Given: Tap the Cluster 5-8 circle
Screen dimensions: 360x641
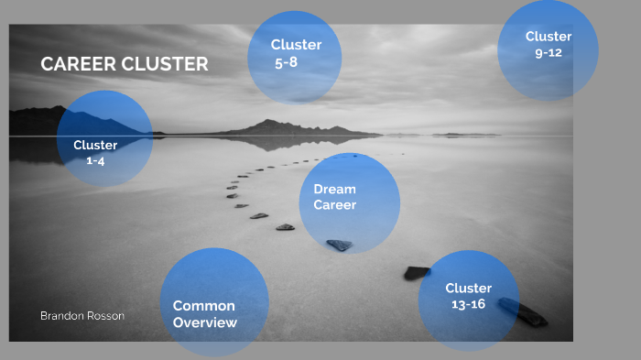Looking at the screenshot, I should click(295, 58).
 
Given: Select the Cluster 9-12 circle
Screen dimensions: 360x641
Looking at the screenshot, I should click(548, 50).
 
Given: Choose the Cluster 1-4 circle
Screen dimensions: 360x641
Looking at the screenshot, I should click(104, 139).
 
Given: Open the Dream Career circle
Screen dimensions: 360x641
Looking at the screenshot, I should click(350, 203).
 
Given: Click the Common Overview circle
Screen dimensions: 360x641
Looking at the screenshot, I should click(214, 303).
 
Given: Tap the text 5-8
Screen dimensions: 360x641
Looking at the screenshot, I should click(287, 62).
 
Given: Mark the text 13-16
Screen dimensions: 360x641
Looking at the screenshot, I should click(469, 304).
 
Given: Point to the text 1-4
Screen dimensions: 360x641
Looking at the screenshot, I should click(96, 160).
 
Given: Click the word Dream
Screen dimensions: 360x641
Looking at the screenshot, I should click(334, 189).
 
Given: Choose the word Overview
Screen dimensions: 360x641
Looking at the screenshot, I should click(205, 322).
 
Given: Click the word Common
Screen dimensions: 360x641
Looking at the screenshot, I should click(203, 306).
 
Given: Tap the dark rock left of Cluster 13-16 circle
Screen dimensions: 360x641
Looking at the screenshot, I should click(417, 272).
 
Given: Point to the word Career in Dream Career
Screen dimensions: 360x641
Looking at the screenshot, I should click(335, 205).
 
